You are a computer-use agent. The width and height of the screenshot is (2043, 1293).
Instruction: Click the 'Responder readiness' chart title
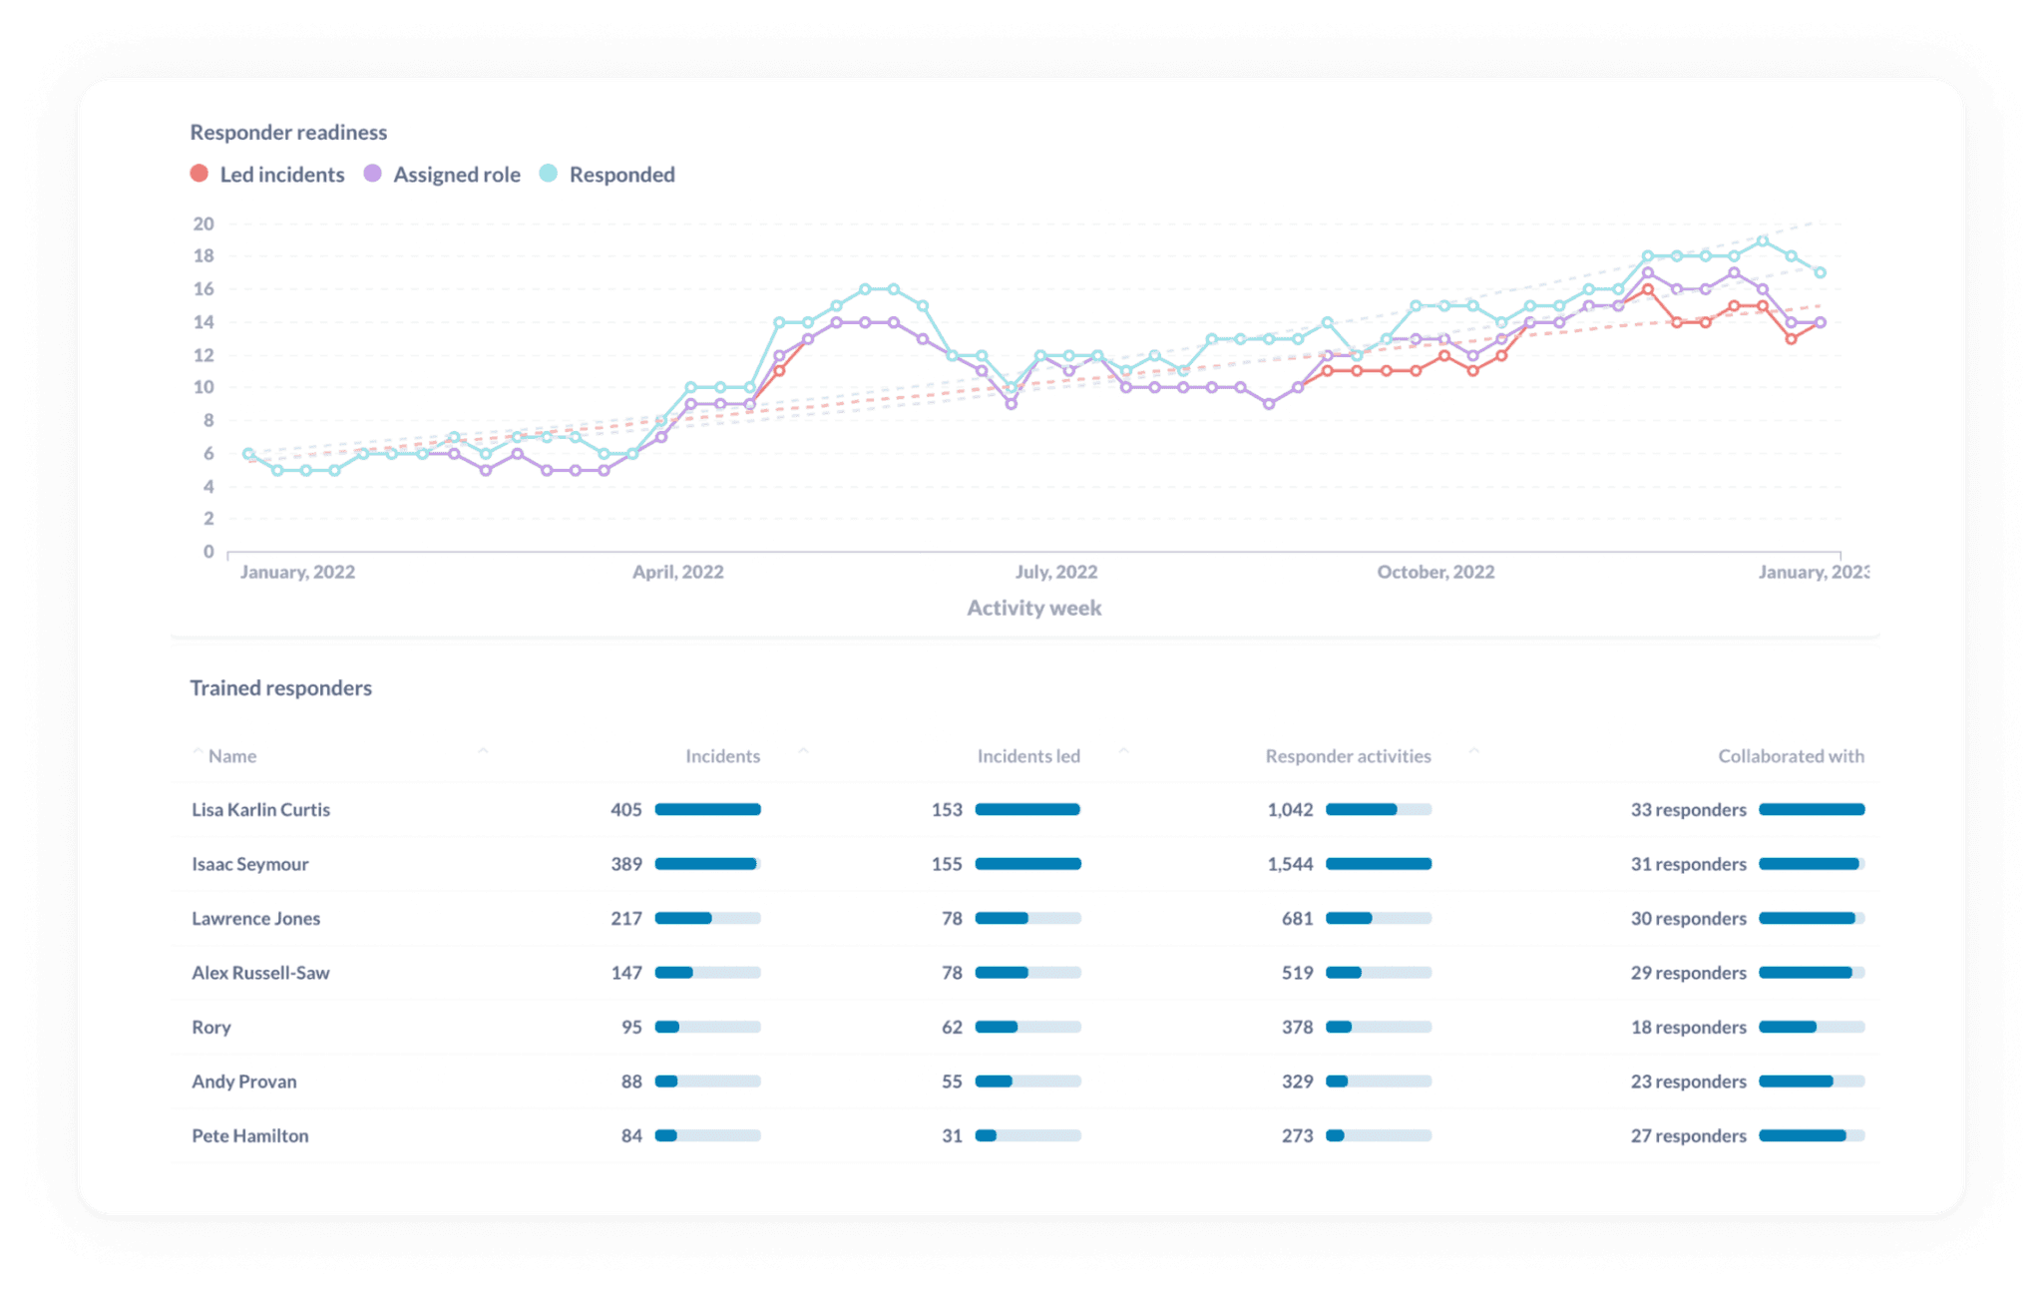coord(288,132)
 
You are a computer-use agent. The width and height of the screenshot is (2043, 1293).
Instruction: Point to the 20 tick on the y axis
coord(204,223)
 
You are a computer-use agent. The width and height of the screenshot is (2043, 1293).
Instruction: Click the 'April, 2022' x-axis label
coord(677,572)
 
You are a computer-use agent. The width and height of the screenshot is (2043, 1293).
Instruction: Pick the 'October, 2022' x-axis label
coord(1435,572)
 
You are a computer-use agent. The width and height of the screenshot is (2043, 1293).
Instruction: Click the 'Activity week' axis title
coord(1033,608)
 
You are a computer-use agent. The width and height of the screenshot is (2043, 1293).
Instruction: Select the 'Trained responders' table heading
coord(280,687)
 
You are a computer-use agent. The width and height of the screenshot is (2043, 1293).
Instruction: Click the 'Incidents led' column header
coord(1028,756)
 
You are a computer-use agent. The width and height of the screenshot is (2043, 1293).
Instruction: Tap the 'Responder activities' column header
coord(1348,756)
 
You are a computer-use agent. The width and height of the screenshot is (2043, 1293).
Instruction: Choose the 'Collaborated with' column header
coord(1791,756)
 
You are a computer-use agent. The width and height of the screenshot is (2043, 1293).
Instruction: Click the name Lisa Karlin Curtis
coord(260,809)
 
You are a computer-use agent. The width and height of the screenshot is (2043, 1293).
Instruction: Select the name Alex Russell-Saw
coord(260,973)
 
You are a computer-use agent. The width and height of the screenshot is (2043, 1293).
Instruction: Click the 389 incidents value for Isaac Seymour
coord(626,864)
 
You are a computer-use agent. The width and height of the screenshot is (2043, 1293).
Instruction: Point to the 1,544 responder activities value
coord(1290,864)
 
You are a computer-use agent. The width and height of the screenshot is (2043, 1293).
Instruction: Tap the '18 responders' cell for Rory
coord(1688,1027)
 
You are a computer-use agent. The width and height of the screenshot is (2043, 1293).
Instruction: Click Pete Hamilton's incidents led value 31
coord(952,1135)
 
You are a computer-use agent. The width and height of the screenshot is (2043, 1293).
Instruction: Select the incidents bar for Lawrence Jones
coord(707,918)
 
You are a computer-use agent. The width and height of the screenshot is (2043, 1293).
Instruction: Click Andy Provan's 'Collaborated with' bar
coord(1811,1081)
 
